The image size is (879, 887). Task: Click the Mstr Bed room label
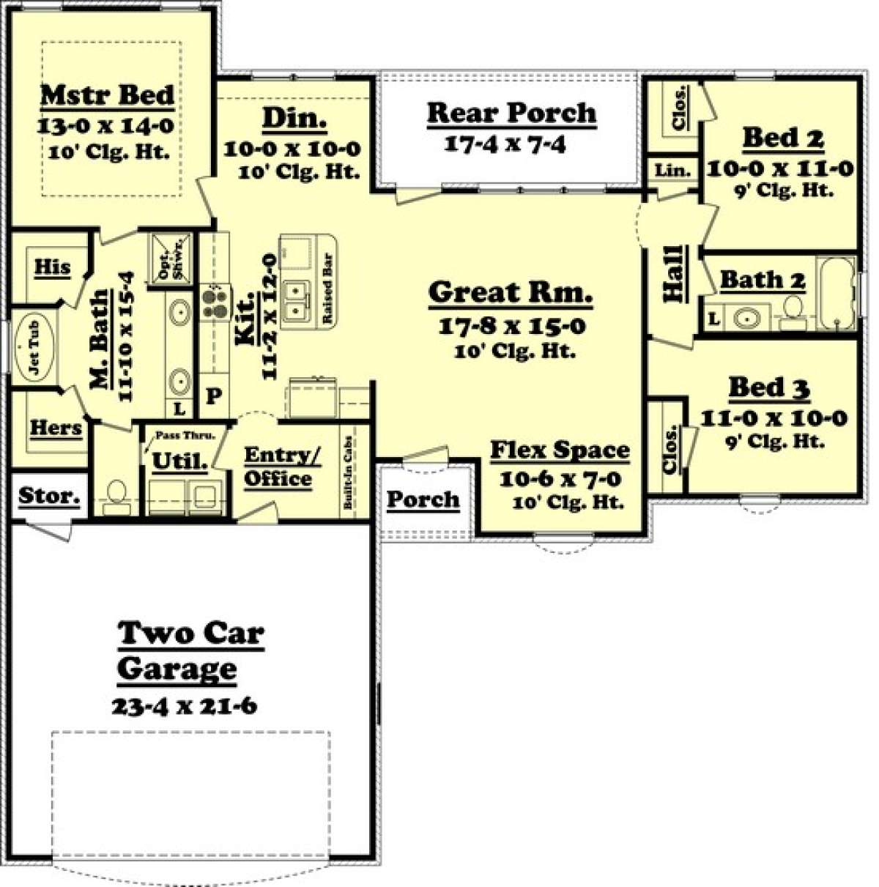[108, 95]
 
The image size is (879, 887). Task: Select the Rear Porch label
[511, 113]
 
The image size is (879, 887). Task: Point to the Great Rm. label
[511, 292]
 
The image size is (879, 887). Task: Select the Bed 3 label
[769, 387]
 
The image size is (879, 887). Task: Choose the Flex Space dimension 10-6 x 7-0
[560, 479]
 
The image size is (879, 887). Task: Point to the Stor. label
[49, 496]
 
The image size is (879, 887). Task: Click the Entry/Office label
[281, 467]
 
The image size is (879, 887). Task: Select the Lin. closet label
[672, 171]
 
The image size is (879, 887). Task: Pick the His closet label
[53, 267]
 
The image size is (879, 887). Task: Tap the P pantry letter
[213, 396]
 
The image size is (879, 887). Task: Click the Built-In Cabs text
[348, 472]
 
